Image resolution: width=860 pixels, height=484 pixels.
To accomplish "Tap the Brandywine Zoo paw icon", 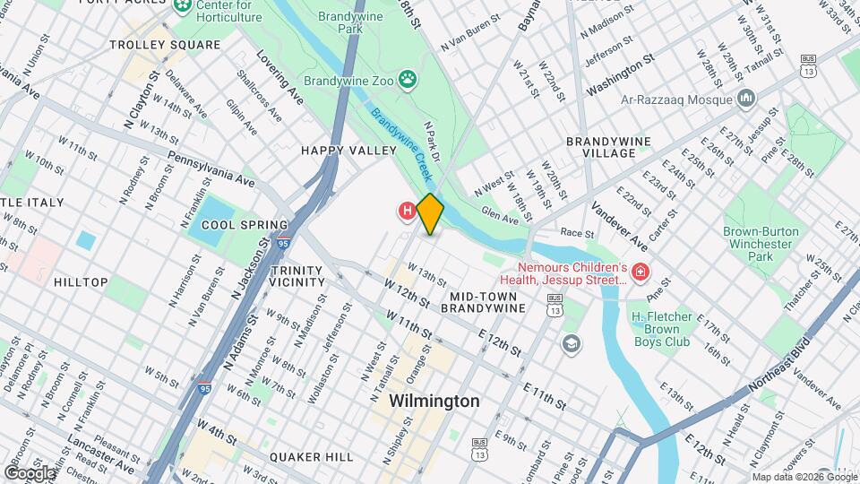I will point(408,80).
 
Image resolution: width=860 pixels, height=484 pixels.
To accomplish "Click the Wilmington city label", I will point(434,402).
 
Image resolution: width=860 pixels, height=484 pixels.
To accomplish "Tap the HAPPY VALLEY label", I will point(348,151).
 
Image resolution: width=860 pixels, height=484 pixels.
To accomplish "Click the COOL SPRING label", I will point(245,225).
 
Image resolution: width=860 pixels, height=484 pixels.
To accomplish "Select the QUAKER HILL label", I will point(313,457).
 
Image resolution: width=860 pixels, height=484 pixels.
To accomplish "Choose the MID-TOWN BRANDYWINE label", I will point(487,301).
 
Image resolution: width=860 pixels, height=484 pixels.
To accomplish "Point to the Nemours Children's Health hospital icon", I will point(641,271).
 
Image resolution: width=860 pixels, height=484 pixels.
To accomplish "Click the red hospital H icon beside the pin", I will point(407,212).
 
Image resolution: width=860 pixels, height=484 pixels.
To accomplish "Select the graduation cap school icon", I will point(570,343).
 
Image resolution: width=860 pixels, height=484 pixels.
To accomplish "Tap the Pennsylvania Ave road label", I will point(211,169).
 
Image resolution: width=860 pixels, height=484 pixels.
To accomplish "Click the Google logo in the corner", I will point(30,472).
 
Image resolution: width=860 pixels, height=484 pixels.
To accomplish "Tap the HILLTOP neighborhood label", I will point(81,282).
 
